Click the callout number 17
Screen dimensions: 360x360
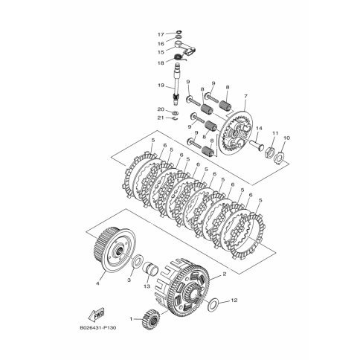[x=161, y=34]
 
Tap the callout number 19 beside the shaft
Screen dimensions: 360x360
[x=161, y=86]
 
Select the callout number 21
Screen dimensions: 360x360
[x=161, y=118]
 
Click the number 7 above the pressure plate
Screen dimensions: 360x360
[x=245, y=96]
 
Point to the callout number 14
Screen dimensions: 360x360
[x=259, y=128]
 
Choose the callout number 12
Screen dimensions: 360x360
[x=234, y=300]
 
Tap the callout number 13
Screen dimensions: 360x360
[x=147, y=286]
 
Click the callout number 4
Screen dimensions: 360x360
[x=97, y=283]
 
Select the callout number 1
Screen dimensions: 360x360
[x=131, y=319]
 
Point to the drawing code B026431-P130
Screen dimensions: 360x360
[x=98, y=328]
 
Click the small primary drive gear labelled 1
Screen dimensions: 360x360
[x=151, y=318]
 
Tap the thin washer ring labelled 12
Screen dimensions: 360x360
[x=210, y=303]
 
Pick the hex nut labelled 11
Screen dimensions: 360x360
[x=270, y=150]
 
